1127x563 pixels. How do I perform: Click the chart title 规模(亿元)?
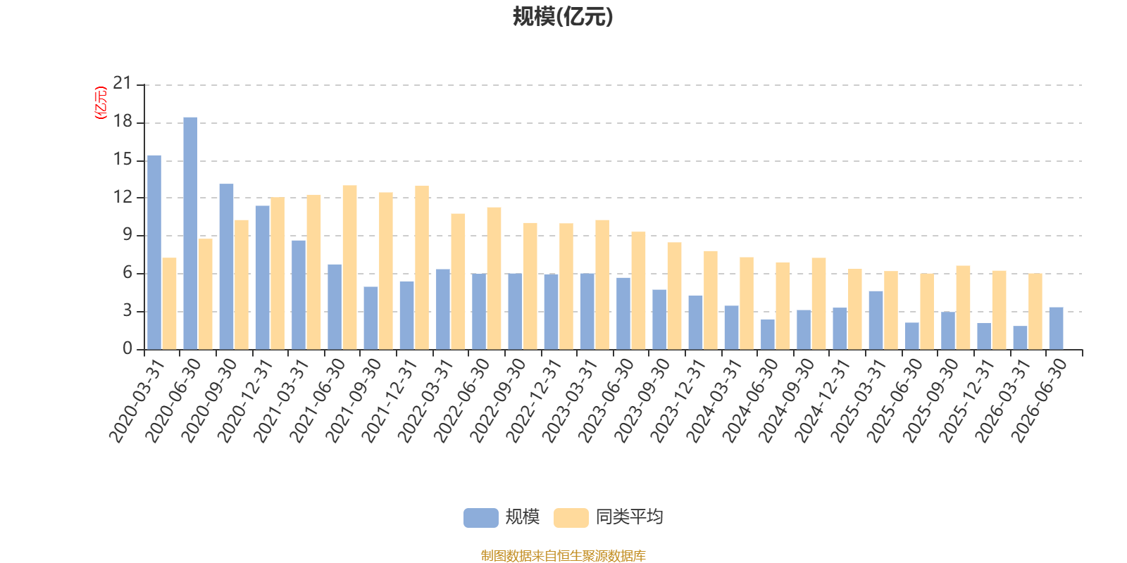563,17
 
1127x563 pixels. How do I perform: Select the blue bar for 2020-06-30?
190,233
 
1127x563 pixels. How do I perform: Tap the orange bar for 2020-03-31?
170,303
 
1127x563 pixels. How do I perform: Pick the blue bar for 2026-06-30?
1056,328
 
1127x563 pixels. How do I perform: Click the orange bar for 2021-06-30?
349,267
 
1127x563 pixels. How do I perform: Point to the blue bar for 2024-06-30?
768,334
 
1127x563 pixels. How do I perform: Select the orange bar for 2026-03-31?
1035,311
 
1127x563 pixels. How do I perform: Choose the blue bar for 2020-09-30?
226,267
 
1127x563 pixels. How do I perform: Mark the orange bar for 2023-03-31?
602,284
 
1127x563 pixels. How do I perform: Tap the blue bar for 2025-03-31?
876,320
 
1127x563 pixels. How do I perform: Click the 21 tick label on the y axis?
123,84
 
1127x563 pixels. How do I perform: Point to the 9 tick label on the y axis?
127,235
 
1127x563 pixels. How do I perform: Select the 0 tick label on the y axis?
127,348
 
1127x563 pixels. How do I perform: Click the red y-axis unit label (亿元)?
101,103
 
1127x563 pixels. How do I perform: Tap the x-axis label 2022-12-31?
533,400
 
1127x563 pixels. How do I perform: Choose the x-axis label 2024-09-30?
786,400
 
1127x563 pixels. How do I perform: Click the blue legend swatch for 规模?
481,518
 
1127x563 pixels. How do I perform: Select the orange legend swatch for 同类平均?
571,518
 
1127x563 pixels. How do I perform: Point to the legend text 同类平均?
630,517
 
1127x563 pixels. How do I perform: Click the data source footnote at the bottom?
563,556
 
